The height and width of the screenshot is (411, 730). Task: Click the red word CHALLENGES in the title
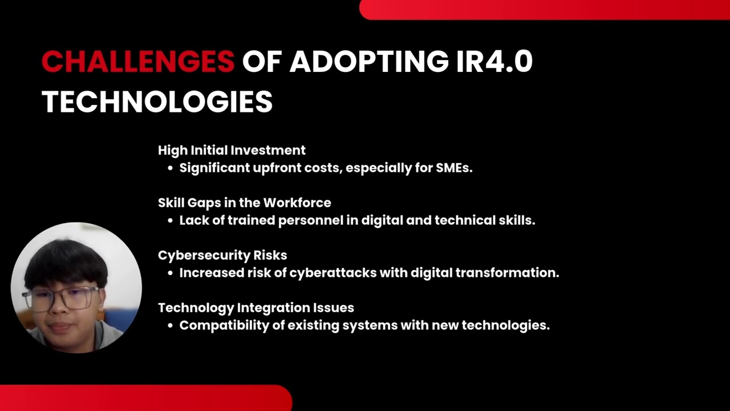tap(137, 62)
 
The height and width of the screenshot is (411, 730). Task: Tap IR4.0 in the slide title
tap(494, 62)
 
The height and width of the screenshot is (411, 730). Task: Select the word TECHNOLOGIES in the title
tap(157, 102)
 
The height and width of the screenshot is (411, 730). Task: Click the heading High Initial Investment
tap(232, 150)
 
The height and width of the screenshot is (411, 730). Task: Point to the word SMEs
tap(454, 168)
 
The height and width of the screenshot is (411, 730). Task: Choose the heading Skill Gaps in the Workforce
tap(244, 203)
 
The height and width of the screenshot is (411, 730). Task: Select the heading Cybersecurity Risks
tap(222, 255)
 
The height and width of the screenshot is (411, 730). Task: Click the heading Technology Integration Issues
tap(255, 308)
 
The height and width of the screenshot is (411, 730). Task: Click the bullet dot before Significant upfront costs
tap(170, 168)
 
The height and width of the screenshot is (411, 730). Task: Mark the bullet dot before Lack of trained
tap(170, 221)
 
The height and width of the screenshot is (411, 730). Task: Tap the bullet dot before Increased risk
tap(170, 273)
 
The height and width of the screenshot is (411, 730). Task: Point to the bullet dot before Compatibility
tap(170, 326)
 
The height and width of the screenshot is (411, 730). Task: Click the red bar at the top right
tap(545, 9)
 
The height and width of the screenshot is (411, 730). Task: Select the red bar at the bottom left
tap(145, 398)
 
